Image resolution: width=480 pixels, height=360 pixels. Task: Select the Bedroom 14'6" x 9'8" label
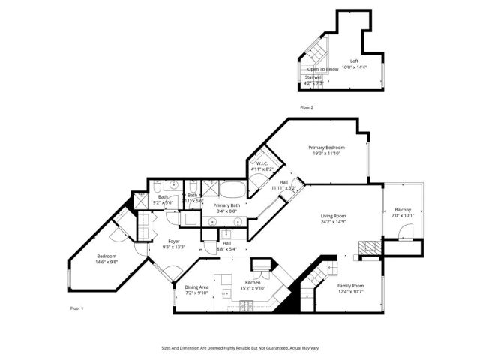click(106, 256)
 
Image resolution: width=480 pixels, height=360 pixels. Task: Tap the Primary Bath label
click(226, 206)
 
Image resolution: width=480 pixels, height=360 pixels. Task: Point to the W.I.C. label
click(262, 164)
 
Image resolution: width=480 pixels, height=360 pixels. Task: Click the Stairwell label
click(313, 77)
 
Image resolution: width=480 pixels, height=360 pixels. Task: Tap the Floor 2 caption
click(306, 108)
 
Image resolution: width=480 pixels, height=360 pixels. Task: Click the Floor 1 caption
click(76, 308)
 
